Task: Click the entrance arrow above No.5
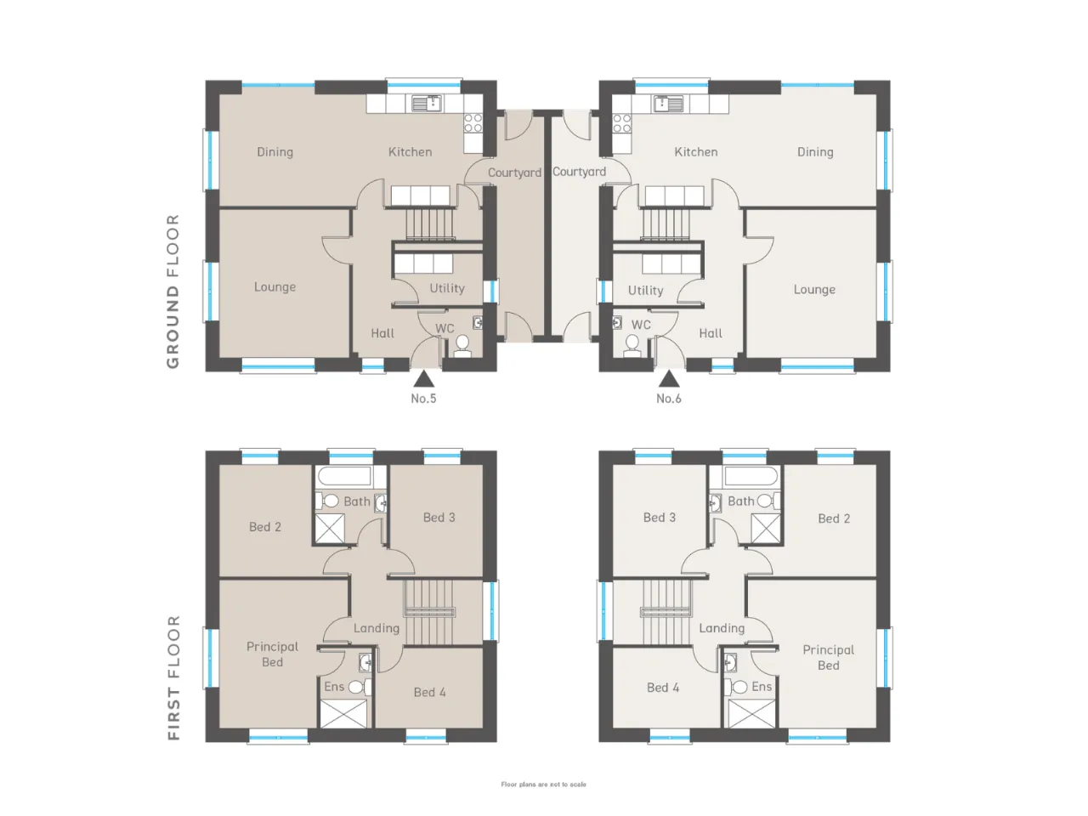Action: click(423, 379)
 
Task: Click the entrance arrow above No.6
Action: click(669, 379)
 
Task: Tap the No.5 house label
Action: click(423, 399)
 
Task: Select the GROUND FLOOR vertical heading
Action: click(173, 292)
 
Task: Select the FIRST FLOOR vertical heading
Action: click(173, 677)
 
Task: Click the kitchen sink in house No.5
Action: click(428, 104)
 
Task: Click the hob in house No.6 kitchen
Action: click(621, 123)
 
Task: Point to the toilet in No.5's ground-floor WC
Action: click(462, 346)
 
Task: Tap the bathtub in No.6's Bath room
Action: click(751, 476)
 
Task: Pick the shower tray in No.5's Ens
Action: click(344, 713)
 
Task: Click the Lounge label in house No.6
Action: click(814, 289)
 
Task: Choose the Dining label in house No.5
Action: click(275, 152)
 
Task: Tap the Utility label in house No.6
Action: click(645, 291)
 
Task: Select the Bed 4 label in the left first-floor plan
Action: click(430, 692)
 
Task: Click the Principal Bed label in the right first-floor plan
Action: click(828, 657)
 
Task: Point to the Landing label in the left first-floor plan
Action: click(377, 628)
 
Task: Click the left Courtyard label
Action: click(514, 173)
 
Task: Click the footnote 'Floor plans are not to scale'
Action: click(543, 785)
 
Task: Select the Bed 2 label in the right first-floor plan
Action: click(834, 518)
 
